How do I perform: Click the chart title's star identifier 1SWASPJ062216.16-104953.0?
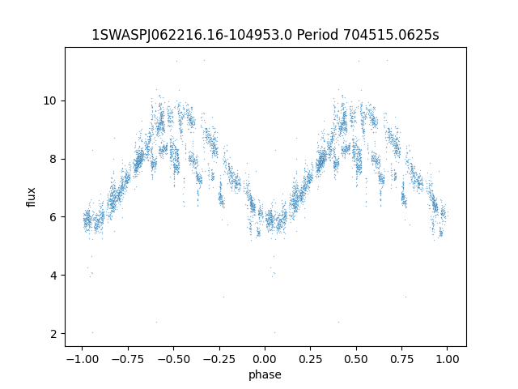tap(192, 35)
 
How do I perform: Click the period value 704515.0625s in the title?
tap(391, 35)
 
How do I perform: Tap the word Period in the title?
tap(317, 35)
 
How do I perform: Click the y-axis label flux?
tap(31, 197)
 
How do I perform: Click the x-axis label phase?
tap(265, 374)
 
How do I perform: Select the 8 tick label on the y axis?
tap(53, 159)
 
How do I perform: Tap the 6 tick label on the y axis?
tap(53, 217)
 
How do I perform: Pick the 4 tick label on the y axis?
tap(53, 276)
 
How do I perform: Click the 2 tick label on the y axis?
tap(53, 333)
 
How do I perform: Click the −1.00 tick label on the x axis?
tap(83, 359)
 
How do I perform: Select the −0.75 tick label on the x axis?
tap(128, 359)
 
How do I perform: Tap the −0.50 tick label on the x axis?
tap(173, 359)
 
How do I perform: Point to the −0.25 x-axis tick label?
tap(219, 359)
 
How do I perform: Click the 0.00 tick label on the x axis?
tap(265, 359)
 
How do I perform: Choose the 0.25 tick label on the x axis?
tap(311, 359)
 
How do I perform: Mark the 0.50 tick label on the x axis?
tap(356, 359)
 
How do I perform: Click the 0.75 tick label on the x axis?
tap(401, 359)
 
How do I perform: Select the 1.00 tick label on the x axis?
tap(448, 359)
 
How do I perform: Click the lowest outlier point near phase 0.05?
tap(275, 332)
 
